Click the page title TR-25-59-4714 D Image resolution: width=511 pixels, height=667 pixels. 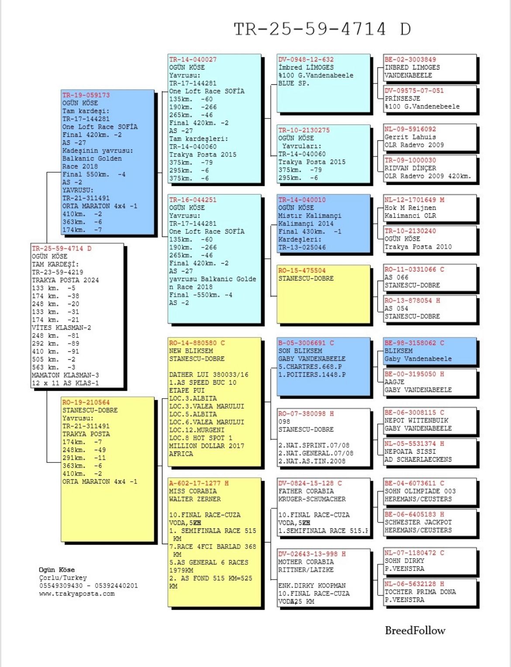coord(322,29)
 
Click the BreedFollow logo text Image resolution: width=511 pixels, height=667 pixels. coord(415,630)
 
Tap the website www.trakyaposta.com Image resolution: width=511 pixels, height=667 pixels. coord(77,594)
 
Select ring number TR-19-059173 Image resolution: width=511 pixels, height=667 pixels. coord(86,95)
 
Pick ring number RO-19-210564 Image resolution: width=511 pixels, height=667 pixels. coord(86,402)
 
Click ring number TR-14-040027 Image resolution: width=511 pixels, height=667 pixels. coord(193,59)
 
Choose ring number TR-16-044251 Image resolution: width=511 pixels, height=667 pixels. coord(193,200)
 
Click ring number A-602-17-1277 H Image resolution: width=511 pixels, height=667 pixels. coord(199,483)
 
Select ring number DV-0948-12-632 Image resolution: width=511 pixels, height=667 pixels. coord(306,59)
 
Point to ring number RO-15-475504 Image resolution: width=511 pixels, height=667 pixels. coord(302,271)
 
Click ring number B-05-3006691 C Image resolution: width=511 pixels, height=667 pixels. coord(306,343)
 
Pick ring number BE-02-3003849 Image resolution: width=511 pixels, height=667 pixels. coord(410,59)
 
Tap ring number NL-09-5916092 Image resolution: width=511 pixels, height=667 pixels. coord(410,129)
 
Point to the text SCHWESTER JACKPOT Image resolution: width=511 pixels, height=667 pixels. coord(418,522)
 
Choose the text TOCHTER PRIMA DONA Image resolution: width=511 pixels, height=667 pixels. coord(420,592)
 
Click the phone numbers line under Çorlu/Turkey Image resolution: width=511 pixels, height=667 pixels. coord(88,586)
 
